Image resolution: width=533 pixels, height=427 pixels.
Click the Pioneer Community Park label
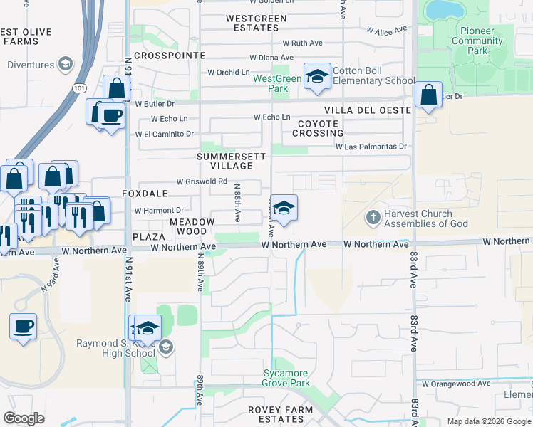[x=477, y=41]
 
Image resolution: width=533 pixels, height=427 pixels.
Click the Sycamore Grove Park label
[x=286, y=378]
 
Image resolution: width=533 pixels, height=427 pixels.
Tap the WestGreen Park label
[x=277, y=83]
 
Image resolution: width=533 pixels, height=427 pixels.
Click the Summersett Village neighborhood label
[x=232, y=161]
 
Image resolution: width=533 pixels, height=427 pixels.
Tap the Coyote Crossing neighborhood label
[x=317, y=128]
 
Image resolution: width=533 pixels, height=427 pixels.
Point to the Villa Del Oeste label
[x=367, y=110]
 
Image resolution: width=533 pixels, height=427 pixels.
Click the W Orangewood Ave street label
[x=456, y=384]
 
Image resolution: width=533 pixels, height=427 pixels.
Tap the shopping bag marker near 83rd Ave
[x=428, y=95]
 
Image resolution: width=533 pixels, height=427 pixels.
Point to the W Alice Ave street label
[x=386, y=31]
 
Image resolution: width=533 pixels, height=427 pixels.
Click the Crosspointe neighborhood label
[x=169, y=55]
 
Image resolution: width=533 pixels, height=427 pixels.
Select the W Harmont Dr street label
[x=159, y=211]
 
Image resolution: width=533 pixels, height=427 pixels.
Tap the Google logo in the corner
[x=24, y=418]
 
